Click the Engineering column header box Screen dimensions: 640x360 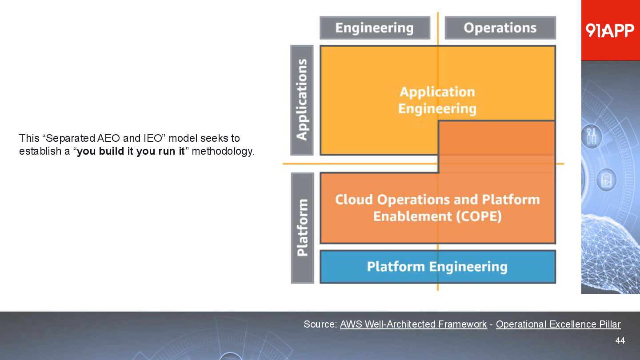pyautogui.click(x=375, y=28)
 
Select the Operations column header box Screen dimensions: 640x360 pyautogui.click(x=500, y=28)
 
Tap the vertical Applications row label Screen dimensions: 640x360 pyautogui.click(x=302, y=100)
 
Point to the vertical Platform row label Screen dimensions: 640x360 pyautogui.click(x=302, y=228)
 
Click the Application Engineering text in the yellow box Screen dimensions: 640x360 pyautogui.click(x=437, y=100)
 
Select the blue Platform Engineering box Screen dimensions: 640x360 pyautogui.click(x=437, y=267)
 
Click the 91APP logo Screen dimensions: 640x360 pyautogui.click(x=610, y=30)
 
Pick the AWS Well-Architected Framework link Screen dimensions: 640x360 pyautogui.click(x=413, y=324)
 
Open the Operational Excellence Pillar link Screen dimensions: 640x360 pyautogui.click(x=558, y=324)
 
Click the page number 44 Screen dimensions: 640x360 pyautogui.click(x=620, y=340)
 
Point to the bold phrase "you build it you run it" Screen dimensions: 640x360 pyautogui.click(x=131, y=151)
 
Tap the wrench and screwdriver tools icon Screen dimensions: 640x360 pyautogui.click(x=593, y=136)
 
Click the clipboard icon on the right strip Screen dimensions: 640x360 pyautogui.click(x=606, y=180)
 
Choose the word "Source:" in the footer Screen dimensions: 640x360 pyautogui.click(x=320, y=324)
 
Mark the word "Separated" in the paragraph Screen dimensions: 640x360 pyautogui.click(x=70, y=138)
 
